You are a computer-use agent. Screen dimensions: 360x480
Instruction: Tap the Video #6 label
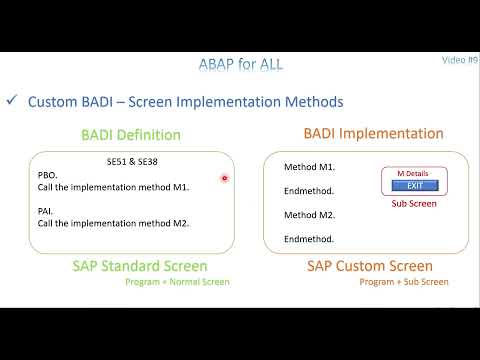(x=460, y=60)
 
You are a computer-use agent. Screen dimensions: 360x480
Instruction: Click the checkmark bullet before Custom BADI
(x=12, y=102)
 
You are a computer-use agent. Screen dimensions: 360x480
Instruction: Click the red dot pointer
(x=224, y=179)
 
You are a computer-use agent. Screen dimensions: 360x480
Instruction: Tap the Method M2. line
(x=310, y=214)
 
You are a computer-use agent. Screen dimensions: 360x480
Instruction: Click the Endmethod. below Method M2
(x=309, y=238)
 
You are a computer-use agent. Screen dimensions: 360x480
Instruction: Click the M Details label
(x=412, y=173)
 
